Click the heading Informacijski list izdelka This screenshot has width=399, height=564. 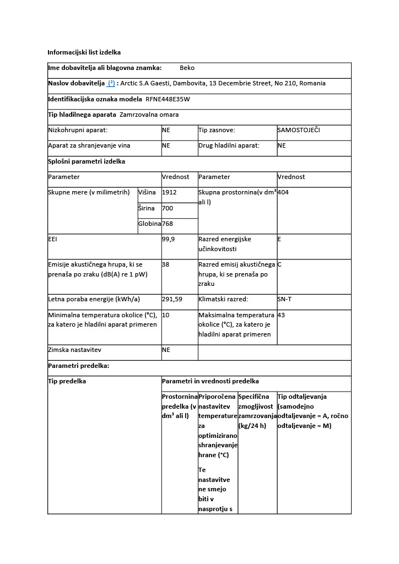coord(84,52)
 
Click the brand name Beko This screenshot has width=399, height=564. coord(187,68)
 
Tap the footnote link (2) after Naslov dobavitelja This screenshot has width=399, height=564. coord(111,83)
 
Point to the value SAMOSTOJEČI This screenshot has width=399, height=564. coord(299,130)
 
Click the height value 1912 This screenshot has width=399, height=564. coord(169,192)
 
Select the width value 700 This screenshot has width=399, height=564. coord(168,208)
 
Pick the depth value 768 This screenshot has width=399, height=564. coord(168,224)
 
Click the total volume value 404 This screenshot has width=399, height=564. coord(283,192)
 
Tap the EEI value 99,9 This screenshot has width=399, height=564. coord(169,240)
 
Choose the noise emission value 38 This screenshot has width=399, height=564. coord(165,264)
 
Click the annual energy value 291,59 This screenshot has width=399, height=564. coord(172,299)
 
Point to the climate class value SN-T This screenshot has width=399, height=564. coord(285,299)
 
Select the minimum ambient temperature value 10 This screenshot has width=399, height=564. coord(165,315)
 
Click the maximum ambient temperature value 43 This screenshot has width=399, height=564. coord(281,315)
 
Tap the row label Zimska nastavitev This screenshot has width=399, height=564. coord(74,350)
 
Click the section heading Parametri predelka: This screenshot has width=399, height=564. coord(78,366)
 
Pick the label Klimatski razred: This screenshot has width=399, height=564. coord(223,299)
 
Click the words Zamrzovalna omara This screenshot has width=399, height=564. coord(149,115)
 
